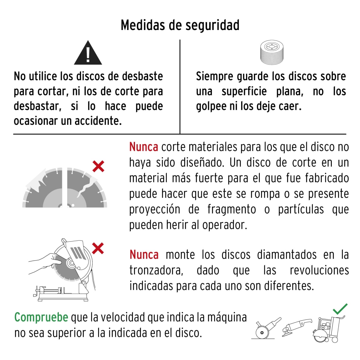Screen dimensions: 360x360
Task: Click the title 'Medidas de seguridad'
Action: point(180,25)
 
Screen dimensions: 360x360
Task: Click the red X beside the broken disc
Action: point(98,166)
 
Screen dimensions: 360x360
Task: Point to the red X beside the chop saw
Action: point(98,248)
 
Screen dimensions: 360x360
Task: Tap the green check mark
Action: point(340,309)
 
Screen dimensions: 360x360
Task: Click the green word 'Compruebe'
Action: point(41,317)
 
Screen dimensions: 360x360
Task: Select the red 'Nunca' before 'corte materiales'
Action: point(144,147)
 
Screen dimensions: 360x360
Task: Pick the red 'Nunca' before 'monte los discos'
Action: point(144,255)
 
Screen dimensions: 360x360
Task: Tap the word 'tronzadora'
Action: point(156,270)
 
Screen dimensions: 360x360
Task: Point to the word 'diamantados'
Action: point(286,255)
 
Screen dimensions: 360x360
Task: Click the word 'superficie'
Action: point(244,91)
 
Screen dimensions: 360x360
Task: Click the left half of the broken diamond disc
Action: point(43,189)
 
